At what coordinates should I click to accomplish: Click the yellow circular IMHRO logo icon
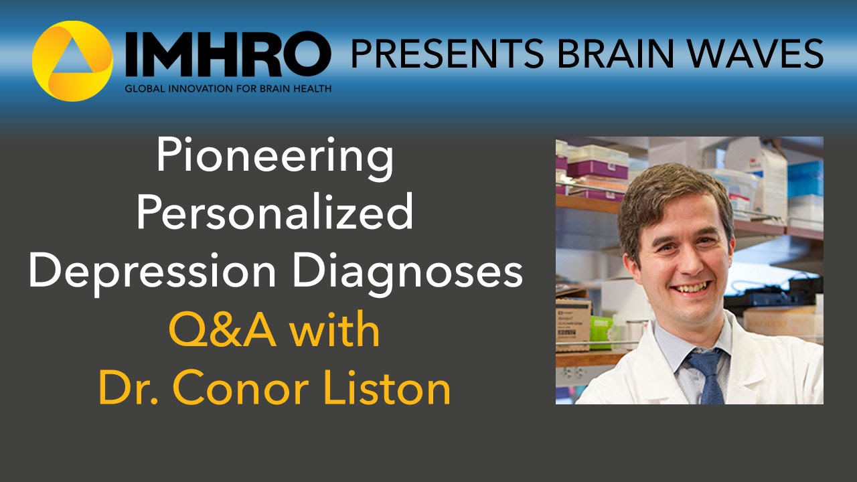pos(72,61)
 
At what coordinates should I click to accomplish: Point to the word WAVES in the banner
pos(755,54)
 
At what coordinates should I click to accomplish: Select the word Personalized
pos(275,214)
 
